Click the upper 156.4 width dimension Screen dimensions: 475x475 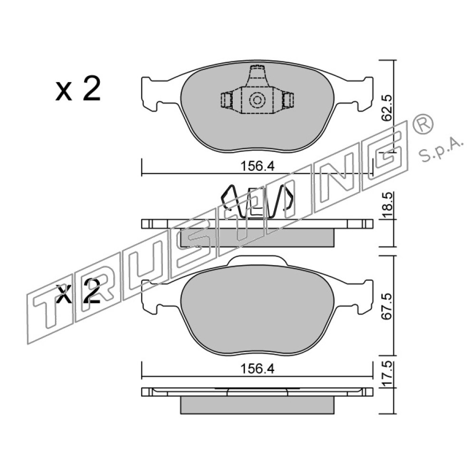(257, 166)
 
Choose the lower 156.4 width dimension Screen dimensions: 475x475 (257, 369)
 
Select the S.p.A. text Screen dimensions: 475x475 (441, 151)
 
